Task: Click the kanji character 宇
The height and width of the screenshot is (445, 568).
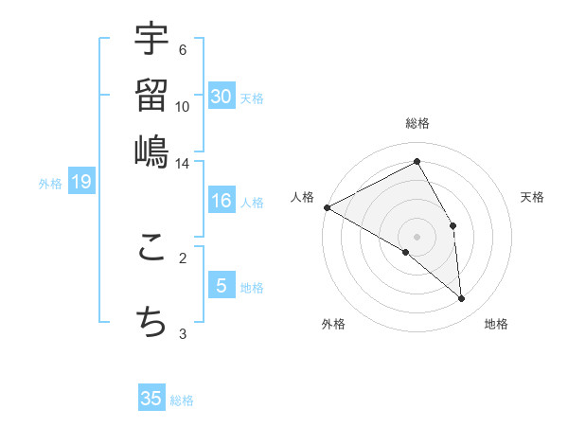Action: tap(151, 41)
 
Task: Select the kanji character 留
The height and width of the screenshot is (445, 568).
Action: tap(151, 96)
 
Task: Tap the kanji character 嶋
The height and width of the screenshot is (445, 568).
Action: tap(151, 151)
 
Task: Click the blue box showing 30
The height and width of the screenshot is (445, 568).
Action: tap(222, 97)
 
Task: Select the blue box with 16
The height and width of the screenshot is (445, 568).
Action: tap(222, 202)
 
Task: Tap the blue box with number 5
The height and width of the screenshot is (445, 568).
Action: tap(222, 286)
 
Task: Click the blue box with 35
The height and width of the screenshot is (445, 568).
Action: tap(151, 399)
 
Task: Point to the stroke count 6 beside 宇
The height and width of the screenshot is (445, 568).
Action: tap(182, 50)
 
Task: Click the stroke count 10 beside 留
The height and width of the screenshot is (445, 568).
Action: tap(183, 107)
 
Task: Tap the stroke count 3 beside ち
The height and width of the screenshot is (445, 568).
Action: tap(183, 333)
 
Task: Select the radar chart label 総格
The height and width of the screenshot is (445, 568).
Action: tap(417, 123)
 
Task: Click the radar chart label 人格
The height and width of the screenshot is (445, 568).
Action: tap(302, 197)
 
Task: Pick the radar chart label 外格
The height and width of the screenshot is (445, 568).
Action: tap(332, 324)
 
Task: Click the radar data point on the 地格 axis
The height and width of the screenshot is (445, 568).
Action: tap(462, 299)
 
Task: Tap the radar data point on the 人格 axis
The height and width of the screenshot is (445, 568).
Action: tap(327, 207)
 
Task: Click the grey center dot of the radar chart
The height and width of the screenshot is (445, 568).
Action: tap(417, 237)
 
